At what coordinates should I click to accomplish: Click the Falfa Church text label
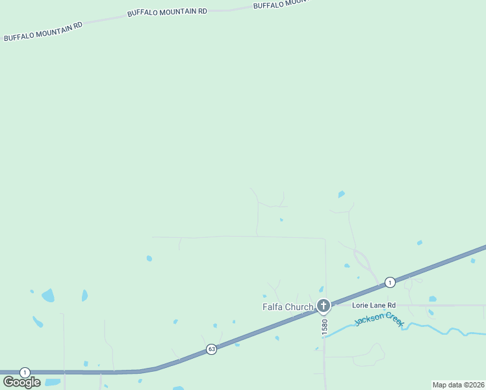[x=288, y=307]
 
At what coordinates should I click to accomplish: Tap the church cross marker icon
[x=324, y=305]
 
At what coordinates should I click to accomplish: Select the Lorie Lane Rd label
[x=374, y=305]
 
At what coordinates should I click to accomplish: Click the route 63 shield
[x=212, y=349]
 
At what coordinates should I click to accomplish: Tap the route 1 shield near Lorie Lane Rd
[x=389, y=282]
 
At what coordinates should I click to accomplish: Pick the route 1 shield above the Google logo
[x=25, y=372]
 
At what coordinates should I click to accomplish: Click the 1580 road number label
[x=325, y=326]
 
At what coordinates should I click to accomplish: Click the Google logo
[x=21, y=382]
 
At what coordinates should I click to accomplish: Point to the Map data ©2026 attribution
[x=458, y=385]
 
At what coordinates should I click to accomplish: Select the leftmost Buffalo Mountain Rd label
[x=44, y=32]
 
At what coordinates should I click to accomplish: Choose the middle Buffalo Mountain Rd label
[x=167, y=12]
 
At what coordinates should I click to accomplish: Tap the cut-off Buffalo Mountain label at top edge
[x=279, y=4]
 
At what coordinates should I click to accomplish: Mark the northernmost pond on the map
[x=341, y=194]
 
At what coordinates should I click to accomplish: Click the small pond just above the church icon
[x=321, y=289]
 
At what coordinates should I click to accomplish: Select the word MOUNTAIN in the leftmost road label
[x=52, y=29]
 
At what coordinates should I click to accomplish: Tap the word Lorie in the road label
[x=361, y=305]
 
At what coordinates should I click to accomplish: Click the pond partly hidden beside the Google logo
[x=52, y=382]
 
